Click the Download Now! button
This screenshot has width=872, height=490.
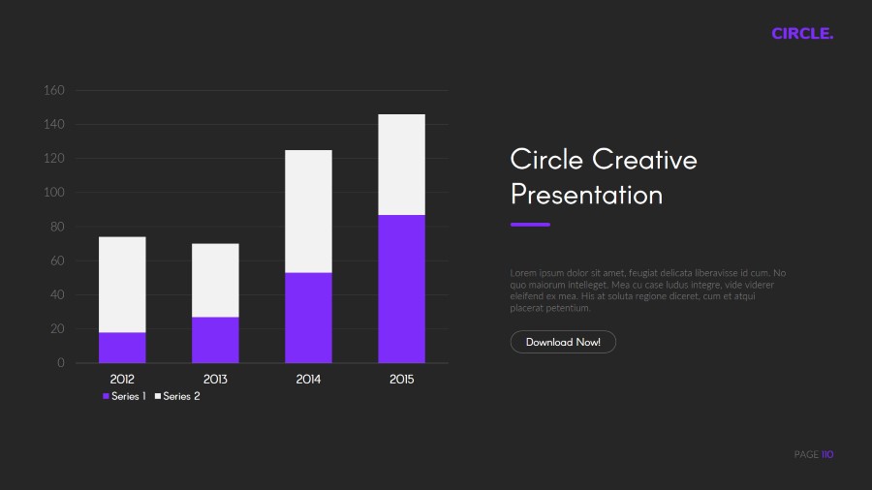coord(563,342)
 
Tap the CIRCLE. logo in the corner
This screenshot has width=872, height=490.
coord(802,34)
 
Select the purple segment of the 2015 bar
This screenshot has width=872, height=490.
coord(401,289)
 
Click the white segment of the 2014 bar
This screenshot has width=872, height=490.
coord(308,211)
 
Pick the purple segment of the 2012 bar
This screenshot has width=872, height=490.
coord(122,348)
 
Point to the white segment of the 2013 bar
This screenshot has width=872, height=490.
coord(215,280)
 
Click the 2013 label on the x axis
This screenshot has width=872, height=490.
coord(215,380)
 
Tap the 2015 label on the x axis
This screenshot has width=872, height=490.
coord(401,380)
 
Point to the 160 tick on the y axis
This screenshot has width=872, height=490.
coord(54,91)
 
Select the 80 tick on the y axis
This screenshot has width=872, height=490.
coord(57,228)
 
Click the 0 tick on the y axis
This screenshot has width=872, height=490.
coord(61,363)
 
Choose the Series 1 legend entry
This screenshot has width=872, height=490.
coord(124,396)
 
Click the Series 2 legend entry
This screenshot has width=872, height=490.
coord(177,396)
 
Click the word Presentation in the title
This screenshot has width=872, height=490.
coord(586,195)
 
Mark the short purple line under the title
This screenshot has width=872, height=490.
coord(530,225)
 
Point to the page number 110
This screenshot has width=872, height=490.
coord(827,454)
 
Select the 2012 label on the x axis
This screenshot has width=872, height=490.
coord(122,380)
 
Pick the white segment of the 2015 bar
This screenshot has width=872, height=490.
coord(401,165)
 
